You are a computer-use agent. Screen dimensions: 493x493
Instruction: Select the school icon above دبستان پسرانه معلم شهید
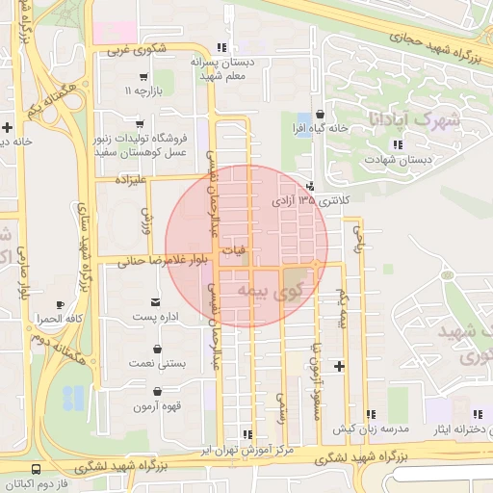tap(222, 47)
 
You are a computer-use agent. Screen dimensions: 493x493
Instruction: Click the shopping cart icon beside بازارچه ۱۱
tap(143, 77)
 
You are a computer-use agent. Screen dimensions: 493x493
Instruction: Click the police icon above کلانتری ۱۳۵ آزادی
tap(309, 187)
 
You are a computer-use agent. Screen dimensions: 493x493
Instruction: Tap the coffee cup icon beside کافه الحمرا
tap(61, 304)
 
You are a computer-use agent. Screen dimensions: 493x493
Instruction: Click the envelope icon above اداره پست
tap(155, 303)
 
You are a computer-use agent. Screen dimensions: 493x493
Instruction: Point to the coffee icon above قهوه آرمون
tap(157, 393)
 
